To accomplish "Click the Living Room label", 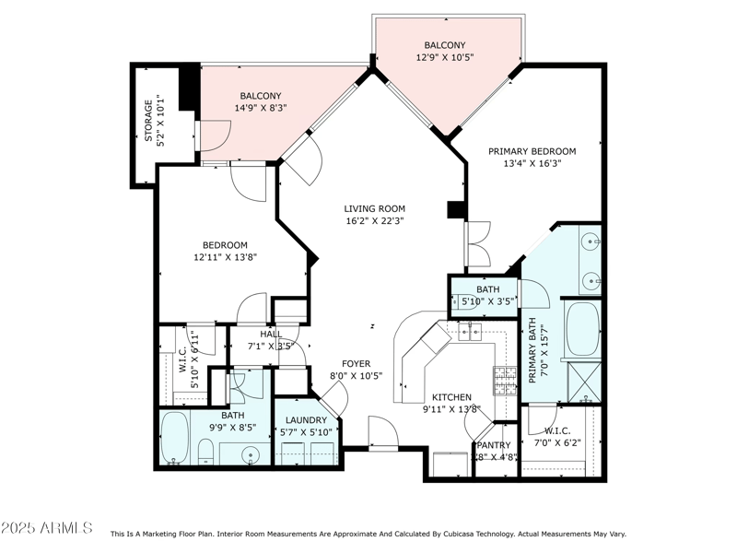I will (374, 209).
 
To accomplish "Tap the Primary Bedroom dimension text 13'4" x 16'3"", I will (532, 163).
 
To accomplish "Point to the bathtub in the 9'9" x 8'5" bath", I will (175, 439).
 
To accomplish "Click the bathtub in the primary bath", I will (581, 329).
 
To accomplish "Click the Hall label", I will (271, 335).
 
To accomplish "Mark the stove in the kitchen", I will (505, 378).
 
